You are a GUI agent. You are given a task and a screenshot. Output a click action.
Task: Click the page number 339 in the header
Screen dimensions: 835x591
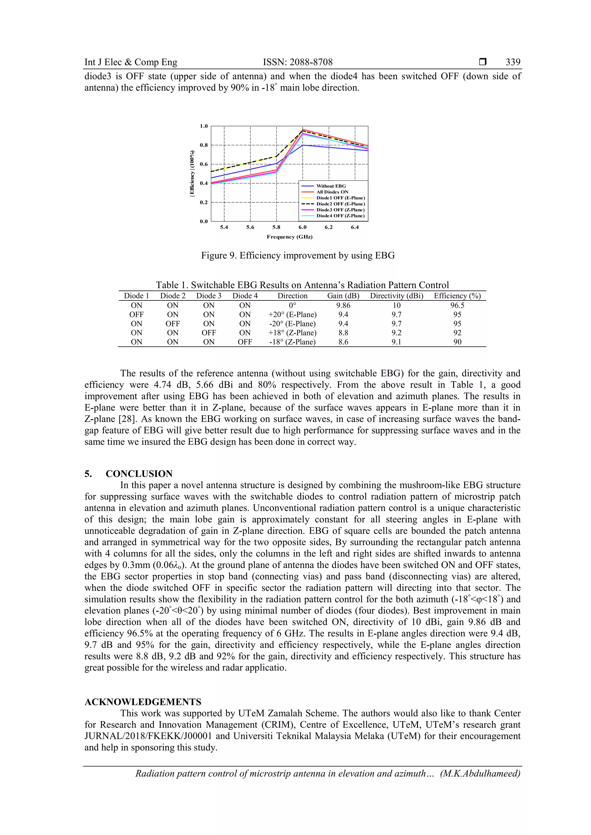pyautogui.click(x=513, y=62)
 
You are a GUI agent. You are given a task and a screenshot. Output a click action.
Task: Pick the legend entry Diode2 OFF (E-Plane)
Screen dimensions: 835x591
pyautogui.click(x=340, y=204)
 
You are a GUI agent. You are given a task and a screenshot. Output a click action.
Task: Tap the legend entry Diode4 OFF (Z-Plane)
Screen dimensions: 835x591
pyautogui.click(x=340, y=216)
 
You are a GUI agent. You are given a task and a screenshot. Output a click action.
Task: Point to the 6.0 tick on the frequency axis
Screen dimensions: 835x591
pyautogui.click(x=302, y=227)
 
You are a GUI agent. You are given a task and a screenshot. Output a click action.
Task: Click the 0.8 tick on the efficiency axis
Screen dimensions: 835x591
pyautogui.click(x=204, y=145)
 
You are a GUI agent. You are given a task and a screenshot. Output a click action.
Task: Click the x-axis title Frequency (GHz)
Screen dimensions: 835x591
pyautogui.click(x=290, y=237)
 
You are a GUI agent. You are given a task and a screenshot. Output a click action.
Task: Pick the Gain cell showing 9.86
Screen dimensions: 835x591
pyautogui.click(x=343, y=306)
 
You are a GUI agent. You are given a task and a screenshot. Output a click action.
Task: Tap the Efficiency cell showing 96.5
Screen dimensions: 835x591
pyautogui.click(x=457, y=306)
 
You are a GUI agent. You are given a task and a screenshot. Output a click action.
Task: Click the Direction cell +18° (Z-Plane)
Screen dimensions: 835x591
pyautogui.click(x=292, y=333)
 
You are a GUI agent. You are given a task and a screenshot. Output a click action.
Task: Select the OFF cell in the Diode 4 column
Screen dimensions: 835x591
pyautogui.click(x=245, y=342)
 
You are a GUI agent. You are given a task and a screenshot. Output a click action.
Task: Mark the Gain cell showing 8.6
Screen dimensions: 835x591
pyautogui.click(x=343, y=342)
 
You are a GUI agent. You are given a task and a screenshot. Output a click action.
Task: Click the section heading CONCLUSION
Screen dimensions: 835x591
pyautogui.click(x=139, y=473)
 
